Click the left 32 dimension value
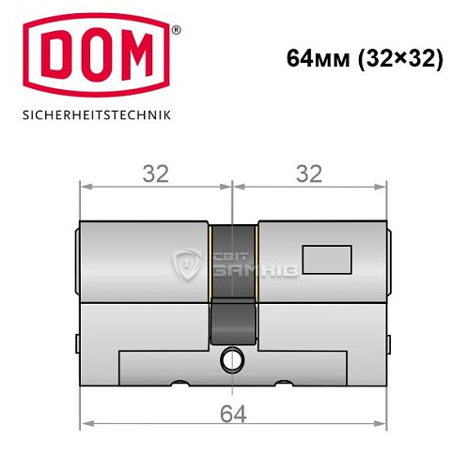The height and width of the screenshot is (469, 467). pyautogui.click(x=155, y=174)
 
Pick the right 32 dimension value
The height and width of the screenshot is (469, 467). pyautogui.click(x=308, y=174)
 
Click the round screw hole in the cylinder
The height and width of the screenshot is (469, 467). pyautogui.click(x=232, y=358)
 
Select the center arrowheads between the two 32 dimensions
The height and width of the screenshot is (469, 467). pyautogui.click(x=233, y=186)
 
